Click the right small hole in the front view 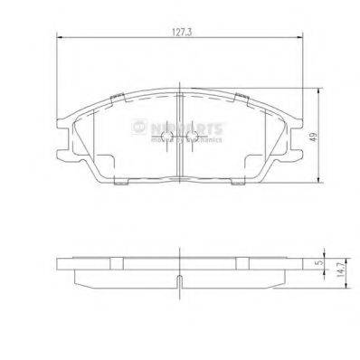[190, 135]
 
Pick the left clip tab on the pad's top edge [121, 97]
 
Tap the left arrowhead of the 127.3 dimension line [60, 39]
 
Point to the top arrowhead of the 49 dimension [322, 91]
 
